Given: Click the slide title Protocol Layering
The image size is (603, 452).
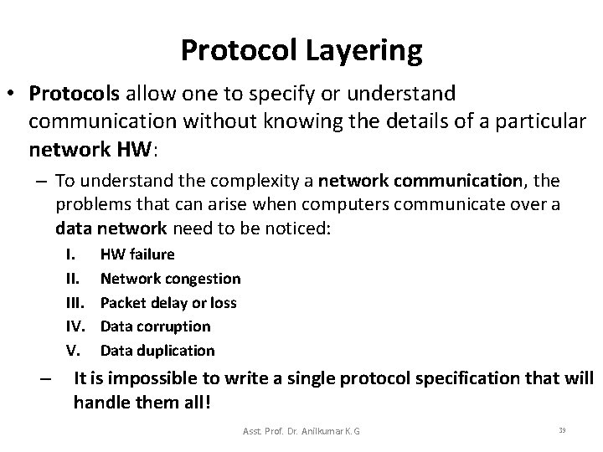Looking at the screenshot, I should click(301, 51).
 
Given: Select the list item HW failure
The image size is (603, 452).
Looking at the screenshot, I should click(137, 254).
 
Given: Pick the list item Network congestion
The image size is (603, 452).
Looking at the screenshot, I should click(170, 278).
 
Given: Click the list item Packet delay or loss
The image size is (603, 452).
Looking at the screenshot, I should click(168, 302).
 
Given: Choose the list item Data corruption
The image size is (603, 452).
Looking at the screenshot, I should click(155, 326).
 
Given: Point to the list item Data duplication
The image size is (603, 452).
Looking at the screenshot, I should click(157, 350).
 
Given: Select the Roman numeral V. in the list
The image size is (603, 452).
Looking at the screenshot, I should click(72, 350).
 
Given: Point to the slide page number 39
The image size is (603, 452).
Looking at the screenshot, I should click(562, 429).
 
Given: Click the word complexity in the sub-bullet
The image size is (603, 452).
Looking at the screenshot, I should click(248, 181).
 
